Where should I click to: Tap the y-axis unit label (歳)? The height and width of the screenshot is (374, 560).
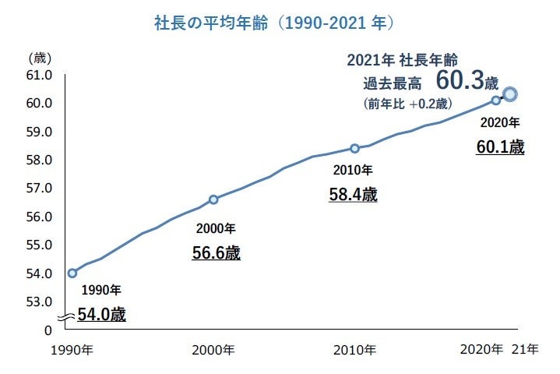pos(40,58)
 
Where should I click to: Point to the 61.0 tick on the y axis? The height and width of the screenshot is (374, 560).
pos(40,76)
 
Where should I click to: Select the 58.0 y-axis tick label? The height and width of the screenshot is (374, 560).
pos(40,161)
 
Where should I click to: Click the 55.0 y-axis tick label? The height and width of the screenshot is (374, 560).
pos(40,245)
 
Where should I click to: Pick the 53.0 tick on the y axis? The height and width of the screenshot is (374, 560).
pos(40,302)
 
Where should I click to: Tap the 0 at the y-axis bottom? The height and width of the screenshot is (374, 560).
pos(48,330)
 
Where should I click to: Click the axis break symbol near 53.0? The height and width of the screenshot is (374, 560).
pos(65,316)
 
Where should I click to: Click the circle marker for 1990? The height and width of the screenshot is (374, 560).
pos(72,273)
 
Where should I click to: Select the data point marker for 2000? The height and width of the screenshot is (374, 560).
pos(213,199)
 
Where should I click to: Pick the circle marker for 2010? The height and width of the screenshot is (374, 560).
pos(354,148)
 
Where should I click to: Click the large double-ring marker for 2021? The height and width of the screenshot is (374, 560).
pos(510,94)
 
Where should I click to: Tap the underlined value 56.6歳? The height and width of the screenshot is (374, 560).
pos(216,253)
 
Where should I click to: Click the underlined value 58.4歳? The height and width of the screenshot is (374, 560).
pos(353,195)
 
